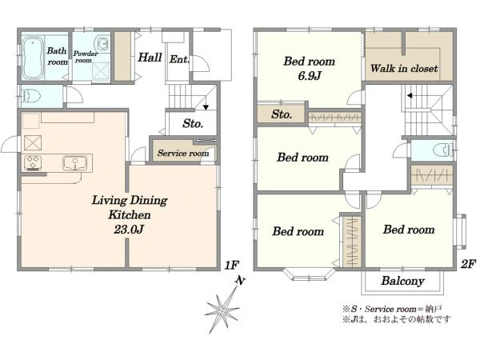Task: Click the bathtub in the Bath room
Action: pyautogui.click(x=32, y=58)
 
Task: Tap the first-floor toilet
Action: pyautogui.click(x=30, y=96)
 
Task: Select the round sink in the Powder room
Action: pyautogui.click(x=102, y=44)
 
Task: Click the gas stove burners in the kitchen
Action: pyautogui.click(x=33, y=162)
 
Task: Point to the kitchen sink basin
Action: pyautogui.click(x=74, y=163)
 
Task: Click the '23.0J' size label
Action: pyautogui.click(x=129, y=229)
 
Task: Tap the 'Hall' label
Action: pyautogui.click(x=150, y=58)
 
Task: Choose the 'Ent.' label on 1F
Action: pyautogui.click(x=179, y=59)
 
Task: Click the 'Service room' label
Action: pyautogui.click(x=183, y=153)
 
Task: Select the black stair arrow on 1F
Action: pyautogui.click(x=206, y=107)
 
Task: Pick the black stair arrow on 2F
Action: pyautogui.click(x=410, y=96)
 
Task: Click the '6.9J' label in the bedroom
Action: pyautogui.click(x=310, y=75)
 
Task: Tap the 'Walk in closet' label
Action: pyautogui.click(x=404, y=68)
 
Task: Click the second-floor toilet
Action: pyautogui.click(x=443, y=150)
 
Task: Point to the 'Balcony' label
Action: pyautogui.click(x=402, y=281)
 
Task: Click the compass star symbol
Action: pyautogui.click(x=222, y=312)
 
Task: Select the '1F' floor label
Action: pyautogui.click(x=231, y=265)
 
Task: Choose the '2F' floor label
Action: pyautogui.click(x=468, y=263)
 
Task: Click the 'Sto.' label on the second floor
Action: pyautogui.click(x=282, y=114)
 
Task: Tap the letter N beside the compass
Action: pyautogui.click(x=241, y=281)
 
